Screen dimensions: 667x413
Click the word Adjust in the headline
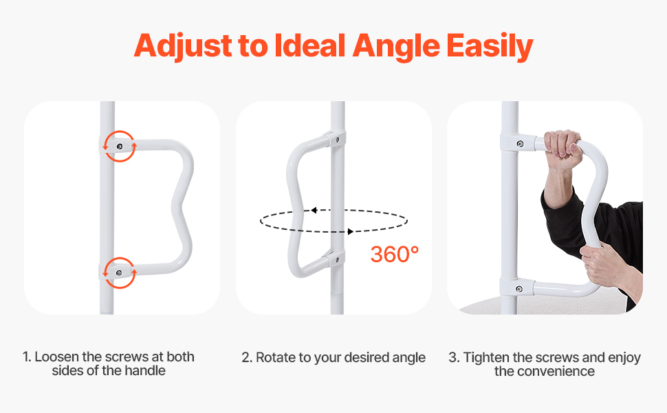click(x=184, y=46)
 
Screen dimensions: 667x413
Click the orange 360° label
click(x=394, y=254)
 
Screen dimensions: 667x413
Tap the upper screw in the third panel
click(x=519, y=143)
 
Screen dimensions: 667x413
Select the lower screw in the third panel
click(x=519, y=290)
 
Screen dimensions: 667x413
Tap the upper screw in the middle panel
click(x=338, y=139)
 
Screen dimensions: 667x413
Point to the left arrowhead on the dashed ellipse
click(x=314, y=211)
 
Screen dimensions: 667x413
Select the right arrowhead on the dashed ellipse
click(x=351, y=231)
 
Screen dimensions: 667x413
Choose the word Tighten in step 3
click(x=485, y=358)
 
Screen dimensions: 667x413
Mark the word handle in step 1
click(x=144, y=370)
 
